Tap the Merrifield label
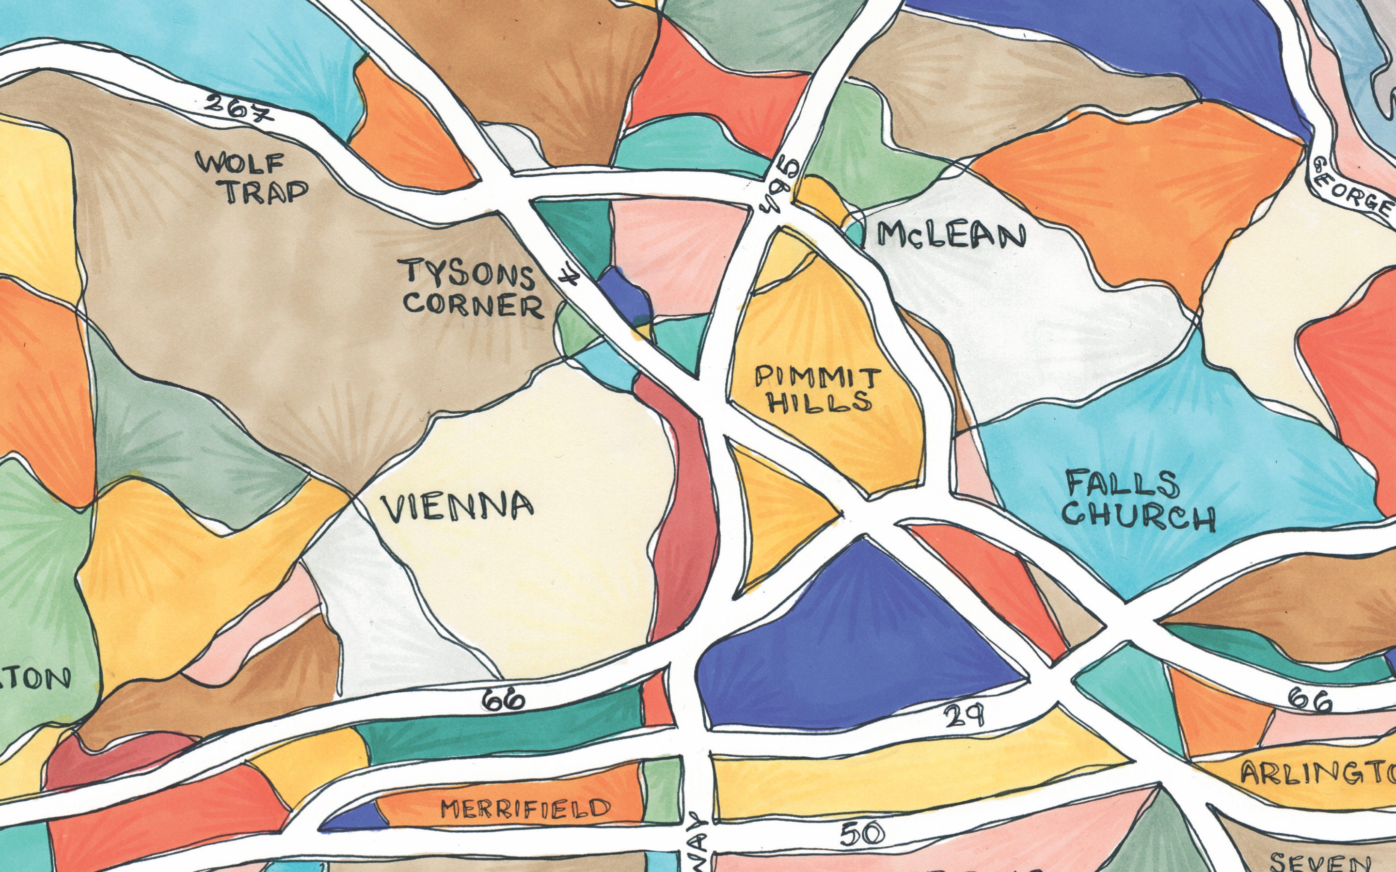tap(525, 809)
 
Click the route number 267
tap(239, 108)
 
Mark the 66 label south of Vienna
tap(504, 700)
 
